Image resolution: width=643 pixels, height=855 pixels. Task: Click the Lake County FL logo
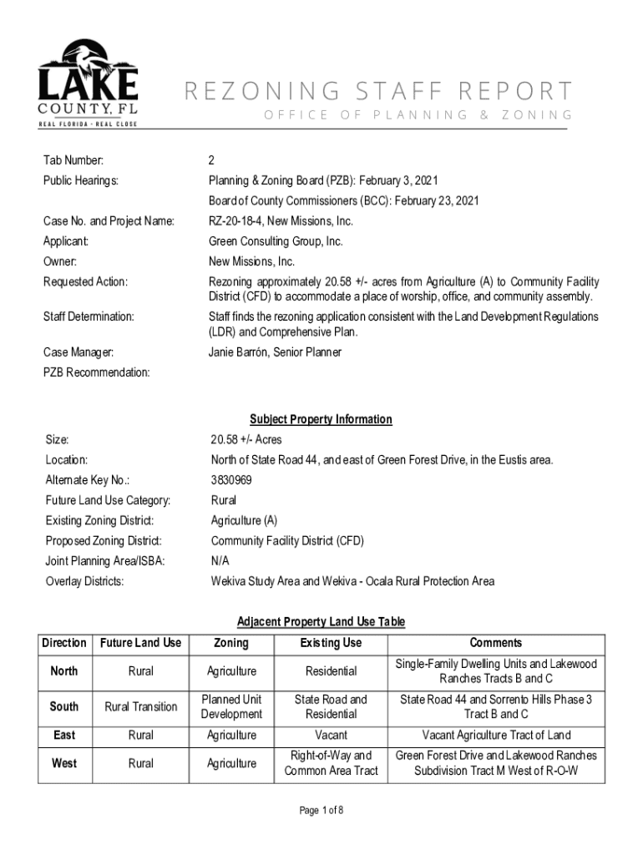pyautogui.click(x=87, y=83)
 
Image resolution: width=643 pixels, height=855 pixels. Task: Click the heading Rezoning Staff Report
pyautogui.click(x=378, y=91)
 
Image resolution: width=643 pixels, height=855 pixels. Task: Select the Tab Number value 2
pyautogui.click(x=212, y=160)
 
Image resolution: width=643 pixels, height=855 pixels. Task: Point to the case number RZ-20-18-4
pyautogui.click(x=240, y=221)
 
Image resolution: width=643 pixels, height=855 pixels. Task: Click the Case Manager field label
pyautogui.click(x=79, y=352)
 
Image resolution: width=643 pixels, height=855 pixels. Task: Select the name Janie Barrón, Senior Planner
pyautogui.click(x=275, y=352)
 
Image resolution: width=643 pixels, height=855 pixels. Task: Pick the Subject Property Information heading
pyautogui.click(x=321, y=419)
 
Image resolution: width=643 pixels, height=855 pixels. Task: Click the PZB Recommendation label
pyautogui.click(x=97, y=372)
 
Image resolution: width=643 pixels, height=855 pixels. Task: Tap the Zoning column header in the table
pyautogui.click(x=231, y=643)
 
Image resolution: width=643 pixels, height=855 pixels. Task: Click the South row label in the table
pyautogui.click(x=64, y=706)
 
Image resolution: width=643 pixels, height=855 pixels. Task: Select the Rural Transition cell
pyautogui.click(x=140, y=706)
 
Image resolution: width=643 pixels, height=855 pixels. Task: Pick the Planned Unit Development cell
pyautogui.click(x=231, y=706)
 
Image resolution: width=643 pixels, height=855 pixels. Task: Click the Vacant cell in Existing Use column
pyautogui.click(x=331, y=736)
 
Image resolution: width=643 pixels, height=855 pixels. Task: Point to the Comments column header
pyautogui.click(x=496, y=643)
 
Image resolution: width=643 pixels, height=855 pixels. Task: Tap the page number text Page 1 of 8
pyautogui.click(x=321, y=810)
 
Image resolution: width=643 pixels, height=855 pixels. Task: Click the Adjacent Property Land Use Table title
pyautogui.click(x=321, y=622)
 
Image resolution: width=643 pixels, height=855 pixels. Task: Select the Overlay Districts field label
pyautogui.click(x=84, y=581)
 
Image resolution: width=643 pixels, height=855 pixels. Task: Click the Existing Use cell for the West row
pyautogui.click(x=331, y=763)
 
